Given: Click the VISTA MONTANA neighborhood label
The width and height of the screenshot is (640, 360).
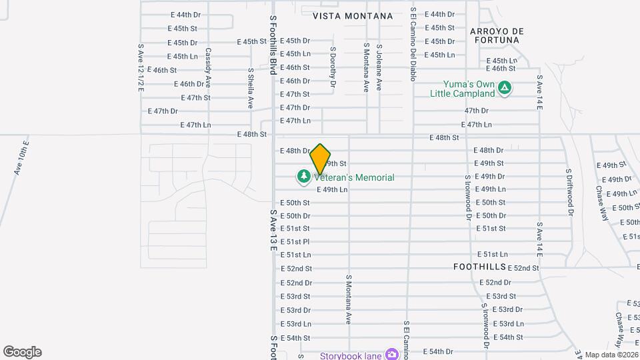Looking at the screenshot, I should [x=353, y=15].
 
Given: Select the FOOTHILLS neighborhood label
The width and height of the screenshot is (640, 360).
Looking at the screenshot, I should [x=479, y=266].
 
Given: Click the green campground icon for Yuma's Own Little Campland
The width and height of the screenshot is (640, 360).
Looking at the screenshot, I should [x=505, y=87].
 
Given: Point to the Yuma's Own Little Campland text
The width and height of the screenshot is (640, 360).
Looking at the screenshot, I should [x=471, y=89].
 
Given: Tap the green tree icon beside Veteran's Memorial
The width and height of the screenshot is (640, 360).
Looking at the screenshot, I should [x=303, y=177].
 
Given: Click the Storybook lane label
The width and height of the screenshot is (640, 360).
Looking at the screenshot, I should [x=350, y=355].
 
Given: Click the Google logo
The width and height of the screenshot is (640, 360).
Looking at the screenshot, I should [x=22, y=352].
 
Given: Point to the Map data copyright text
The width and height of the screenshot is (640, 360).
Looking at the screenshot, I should [x=612, y=355].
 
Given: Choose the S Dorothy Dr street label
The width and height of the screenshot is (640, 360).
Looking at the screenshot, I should [x=333, y=67].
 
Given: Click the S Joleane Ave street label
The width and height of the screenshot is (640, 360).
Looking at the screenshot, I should [x=379, y=67].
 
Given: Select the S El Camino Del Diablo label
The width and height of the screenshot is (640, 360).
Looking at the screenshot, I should [x=413, y=45].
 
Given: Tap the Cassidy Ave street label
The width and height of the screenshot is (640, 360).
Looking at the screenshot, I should [x=208, y=67].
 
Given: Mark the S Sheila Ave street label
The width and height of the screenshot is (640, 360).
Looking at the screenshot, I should [x=251, y=88].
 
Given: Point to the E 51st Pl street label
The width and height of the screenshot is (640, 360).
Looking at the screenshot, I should [x=295, y=241].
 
